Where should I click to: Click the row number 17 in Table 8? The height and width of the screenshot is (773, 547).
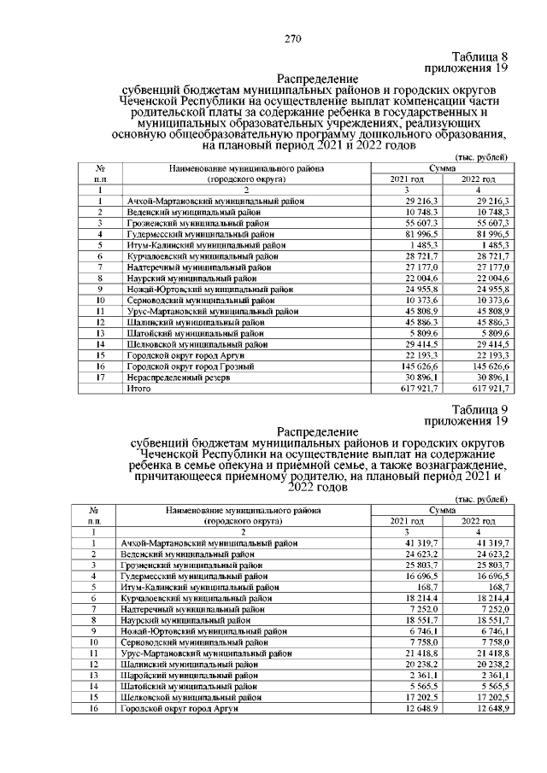pyautogui.click(x=100, y=377)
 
